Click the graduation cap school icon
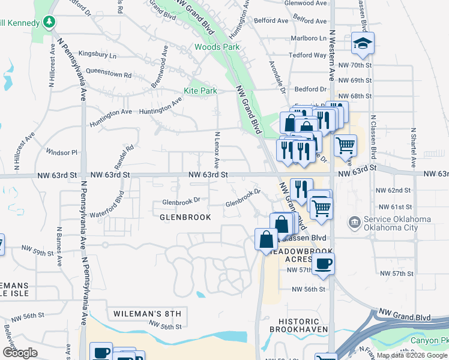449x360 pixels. click(363, 43)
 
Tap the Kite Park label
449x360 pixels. click(199, 91)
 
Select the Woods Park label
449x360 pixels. click(217, 47)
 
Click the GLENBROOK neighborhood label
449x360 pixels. click(185, 217)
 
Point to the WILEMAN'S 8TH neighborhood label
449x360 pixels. click(147, 314)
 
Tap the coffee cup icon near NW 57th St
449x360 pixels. click(323, 263)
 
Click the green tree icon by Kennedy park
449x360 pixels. click(49, 23)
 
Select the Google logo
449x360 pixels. click(20, 353)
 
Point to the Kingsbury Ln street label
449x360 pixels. click(97, 55)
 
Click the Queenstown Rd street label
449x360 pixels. click(109, 75)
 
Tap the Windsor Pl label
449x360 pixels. click(62, 152)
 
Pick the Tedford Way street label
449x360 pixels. click(307, 55)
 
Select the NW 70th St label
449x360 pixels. click(356, 65)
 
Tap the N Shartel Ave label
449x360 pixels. click(413, 148)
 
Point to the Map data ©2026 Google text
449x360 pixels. click(411, 355)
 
